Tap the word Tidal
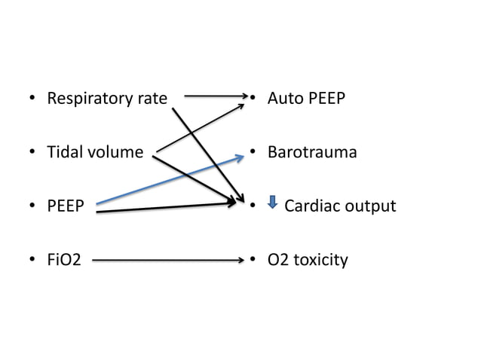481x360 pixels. (65, 153)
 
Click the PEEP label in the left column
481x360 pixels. (66, 206)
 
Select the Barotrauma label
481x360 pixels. (312, 153)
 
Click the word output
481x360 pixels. (370, 206)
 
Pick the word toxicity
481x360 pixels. (320, 261)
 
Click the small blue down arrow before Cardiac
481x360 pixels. (273, 203)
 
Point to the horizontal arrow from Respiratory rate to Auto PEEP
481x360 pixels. (215, 96)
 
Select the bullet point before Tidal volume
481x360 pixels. (32, 153)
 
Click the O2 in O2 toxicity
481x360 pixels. (278, 261)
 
